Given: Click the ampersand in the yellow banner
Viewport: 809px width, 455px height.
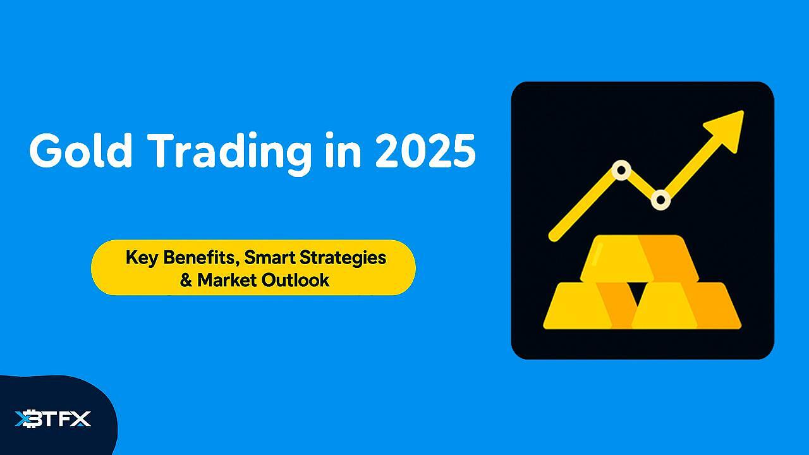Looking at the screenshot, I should tap(186, 280).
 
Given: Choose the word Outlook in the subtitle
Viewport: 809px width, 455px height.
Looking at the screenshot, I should tap(296, 280).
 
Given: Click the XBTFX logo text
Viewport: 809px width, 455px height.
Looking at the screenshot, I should tap(53, 418).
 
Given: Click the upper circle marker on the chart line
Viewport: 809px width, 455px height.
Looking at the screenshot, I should tap(621, 170).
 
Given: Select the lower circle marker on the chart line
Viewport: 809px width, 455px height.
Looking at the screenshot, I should tap(660, 200).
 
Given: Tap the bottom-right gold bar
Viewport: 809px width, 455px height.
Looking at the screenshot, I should tap(689, 306).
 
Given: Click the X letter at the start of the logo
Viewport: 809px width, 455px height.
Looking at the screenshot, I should tap(25, 418).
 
